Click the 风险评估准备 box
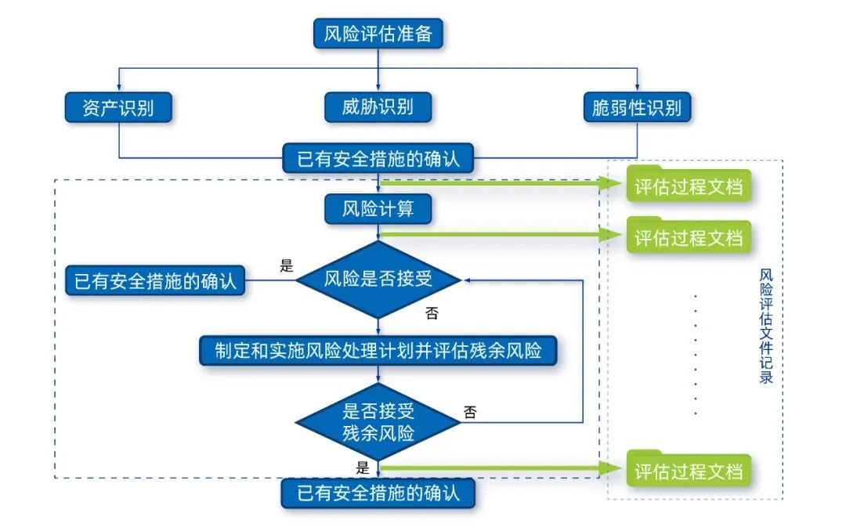coord(378,34)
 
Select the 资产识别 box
coord(118,107)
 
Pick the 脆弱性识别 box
coord(637,107)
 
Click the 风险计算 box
coord(378,209)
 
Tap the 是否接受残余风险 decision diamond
coord(378,422)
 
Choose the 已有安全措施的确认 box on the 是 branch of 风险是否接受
coord(155,280)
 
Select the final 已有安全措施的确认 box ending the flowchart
coord(378,494)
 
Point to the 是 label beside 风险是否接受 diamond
coord(287,265)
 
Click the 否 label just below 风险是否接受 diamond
coord(432,314)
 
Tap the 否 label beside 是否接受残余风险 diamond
coord(470,412)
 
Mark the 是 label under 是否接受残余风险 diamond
coord(362,468)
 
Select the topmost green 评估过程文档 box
coord(688,187)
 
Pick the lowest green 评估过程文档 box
coord(688,471)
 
